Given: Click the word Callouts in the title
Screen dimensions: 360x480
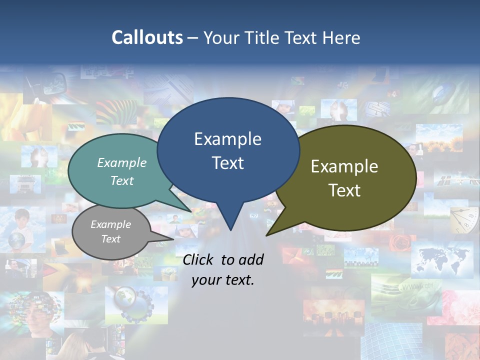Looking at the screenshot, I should [147, 37].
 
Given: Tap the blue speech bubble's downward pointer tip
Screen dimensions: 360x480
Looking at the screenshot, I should [230, 229].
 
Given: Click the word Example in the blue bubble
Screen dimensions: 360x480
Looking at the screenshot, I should [227, 139].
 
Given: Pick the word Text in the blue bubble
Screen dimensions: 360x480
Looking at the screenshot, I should [227, 163].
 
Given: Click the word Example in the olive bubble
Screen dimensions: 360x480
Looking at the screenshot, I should [344, 166].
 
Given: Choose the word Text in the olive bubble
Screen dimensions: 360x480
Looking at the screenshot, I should [344, 190].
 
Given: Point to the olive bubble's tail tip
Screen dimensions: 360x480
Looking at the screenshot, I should [267, 235].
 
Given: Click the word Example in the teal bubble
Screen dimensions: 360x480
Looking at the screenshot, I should [122, 163].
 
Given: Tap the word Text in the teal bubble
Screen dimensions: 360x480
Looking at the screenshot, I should [122, 180].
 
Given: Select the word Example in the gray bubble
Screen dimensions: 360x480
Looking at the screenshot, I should [110, 224].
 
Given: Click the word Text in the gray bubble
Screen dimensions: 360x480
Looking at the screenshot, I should [110, 239].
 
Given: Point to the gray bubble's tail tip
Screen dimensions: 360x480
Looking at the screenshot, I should [173, 239].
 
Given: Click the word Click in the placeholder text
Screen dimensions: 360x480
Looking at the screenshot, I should [199, 259].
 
